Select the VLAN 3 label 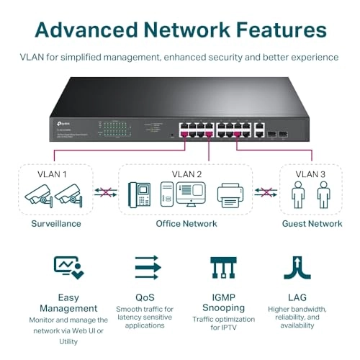coord(311,174)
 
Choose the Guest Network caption coord(311,224)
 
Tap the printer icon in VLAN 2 coord(232,196)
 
